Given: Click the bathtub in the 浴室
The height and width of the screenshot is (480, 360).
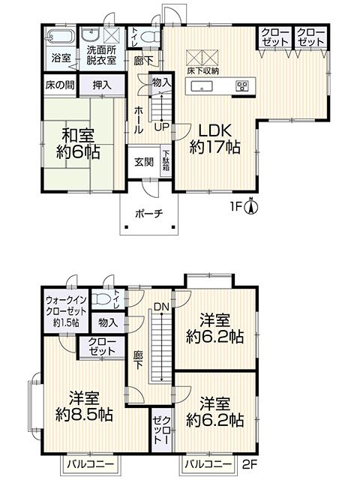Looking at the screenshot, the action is pos(59,37).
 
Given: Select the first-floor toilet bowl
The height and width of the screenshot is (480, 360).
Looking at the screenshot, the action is pos(150,37).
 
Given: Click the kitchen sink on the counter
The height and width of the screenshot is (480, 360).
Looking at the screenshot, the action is pos(202,86).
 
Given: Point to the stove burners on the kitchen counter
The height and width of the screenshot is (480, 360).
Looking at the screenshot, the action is pos(241,86).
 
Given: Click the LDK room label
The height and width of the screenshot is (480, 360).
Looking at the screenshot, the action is pos(214,130).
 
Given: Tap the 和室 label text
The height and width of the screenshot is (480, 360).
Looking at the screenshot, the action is pos(78,135).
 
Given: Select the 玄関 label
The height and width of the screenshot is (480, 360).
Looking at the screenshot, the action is pos(143,162).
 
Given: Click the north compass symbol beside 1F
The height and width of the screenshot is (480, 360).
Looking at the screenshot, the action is pos(250,207).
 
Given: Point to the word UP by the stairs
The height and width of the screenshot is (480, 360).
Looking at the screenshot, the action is pos(162,127).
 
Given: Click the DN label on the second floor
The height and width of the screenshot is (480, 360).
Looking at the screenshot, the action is pos(161,307).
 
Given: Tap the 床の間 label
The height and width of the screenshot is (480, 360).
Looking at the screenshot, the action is pos(60,85).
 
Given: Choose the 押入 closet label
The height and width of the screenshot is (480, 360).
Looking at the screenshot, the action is pos(102,85).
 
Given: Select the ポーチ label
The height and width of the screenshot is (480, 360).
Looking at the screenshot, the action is pos(148,213).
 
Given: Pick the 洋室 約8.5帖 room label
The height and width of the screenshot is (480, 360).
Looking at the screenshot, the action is pos(84,406).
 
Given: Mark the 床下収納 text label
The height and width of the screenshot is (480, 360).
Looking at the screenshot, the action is pos(203,70).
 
